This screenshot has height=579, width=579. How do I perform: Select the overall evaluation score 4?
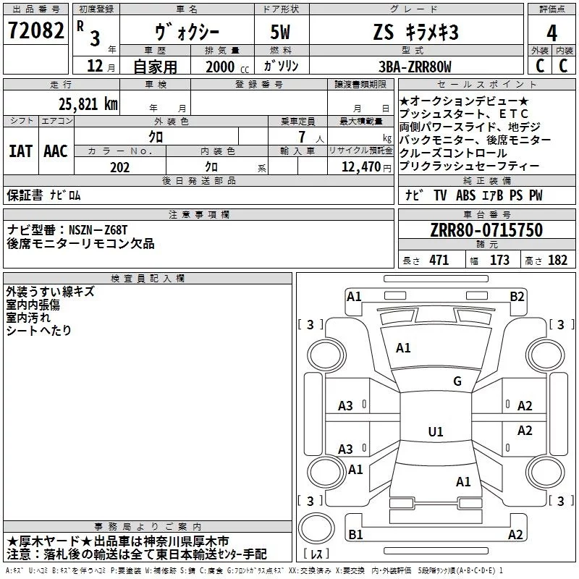pyautogui.click(x=551, y=33)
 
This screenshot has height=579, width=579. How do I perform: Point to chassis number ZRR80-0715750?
pyautogui.click(x=486, y=230)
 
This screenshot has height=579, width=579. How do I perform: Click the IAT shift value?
pyautogui.click(x=20, y=151)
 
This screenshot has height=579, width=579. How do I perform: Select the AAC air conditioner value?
pyautogui.click(x=55, y=151)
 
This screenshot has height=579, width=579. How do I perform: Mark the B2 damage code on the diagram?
pyautogui.click(x=517, y=296)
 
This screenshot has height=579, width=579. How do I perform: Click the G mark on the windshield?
pyautogui.click(x=457, y=381)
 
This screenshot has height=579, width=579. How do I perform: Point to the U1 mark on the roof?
pyautogui.click(x=435, y=432)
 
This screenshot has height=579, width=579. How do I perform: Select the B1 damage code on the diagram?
pyautogui.click(x=355, y=534)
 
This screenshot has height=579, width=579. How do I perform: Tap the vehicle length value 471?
pyautogui.click(x=439, y=261)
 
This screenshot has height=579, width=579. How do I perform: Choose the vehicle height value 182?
pyautogui.click(x=557, y=261)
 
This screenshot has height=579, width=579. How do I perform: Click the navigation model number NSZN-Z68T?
pyautogui.click(x=98, y=230)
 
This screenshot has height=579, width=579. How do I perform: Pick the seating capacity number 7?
pyautogui.click(x=300, y=136)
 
